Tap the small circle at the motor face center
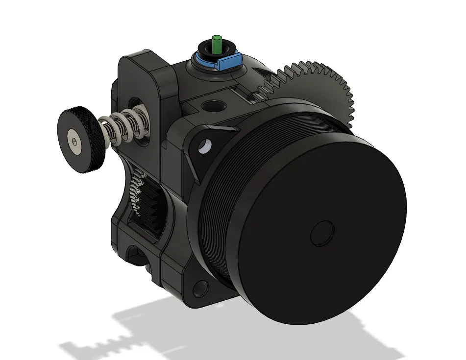pyautogui.click(x=322, y=232)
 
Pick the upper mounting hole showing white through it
pyautogui.click(x=205, y=146)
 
